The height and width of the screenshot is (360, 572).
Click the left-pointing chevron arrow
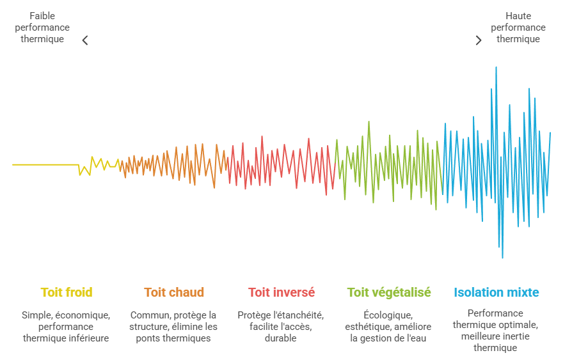85,40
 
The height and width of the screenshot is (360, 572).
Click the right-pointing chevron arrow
479,40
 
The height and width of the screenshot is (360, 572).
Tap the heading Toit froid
67,292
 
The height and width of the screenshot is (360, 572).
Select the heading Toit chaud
174,292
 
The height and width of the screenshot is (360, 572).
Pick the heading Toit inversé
282,292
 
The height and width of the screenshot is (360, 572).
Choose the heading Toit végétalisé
389,292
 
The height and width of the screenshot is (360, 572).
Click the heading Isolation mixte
496,292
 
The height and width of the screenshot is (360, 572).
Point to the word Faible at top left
42,16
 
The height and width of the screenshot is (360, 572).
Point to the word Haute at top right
518,16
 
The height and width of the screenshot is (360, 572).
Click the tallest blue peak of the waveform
496,68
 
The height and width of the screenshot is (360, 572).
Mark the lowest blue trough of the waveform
502,257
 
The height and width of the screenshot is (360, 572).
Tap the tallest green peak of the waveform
369,122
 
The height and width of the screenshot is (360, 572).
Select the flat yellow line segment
45,165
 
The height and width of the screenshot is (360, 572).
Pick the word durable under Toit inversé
280,338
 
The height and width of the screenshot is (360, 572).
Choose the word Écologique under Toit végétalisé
388,315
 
